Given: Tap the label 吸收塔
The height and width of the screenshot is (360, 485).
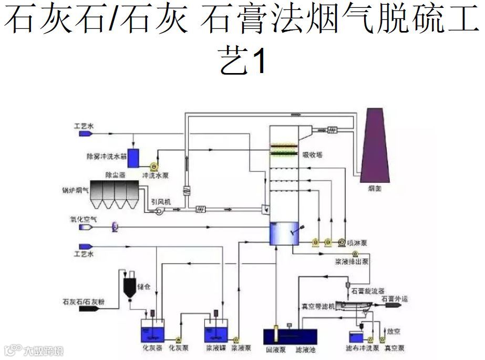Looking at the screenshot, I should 312,155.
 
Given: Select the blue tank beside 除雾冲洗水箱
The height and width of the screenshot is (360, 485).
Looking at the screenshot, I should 133,157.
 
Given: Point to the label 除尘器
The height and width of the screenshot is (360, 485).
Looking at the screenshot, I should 115,174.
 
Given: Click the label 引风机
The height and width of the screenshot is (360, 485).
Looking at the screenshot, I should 160,201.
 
